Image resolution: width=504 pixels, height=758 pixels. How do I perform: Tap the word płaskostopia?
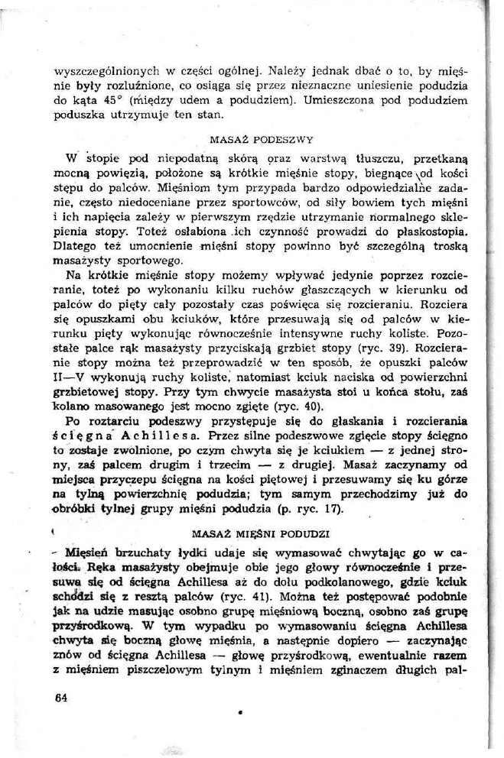point(431,230)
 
